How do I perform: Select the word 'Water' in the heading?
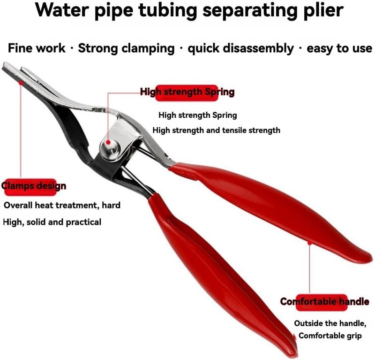click(62, 9)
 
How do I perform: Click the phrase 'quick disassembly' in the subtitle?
click(240, 48)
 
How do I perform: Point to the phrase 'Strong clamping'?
click(126, 48)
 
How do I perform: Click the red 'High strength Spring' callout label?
click(187, 92)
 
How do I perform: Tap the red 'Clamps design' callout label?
click(34, 186)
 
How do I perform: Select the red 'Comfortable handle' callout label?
click(324, 302)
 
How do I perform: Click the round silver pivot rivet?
click(110, 149)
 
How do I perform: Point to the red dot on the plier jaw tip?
click(21, 83)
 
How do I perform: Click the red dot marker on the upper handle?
click(309, 243)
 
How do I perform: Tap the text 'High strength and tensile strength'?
click(217, 130)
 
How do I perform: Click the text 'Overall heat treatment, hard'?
click(62, 205)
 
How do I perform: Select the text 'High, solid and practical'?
click(52, 222)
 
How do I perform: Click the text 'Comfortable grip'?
click(330, 336)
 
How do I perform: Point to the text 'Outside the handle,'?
click(330, 323)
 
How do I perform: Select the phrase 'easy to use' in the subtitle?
click(339, 48)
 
